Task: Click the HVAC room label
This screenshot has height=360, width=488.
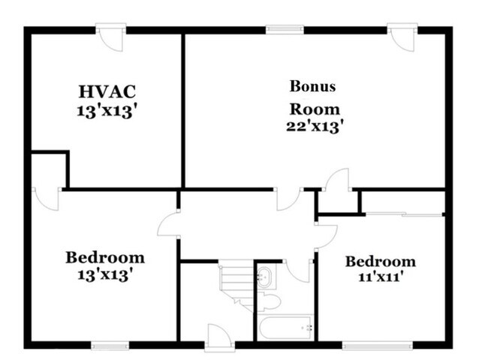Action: point(107,91)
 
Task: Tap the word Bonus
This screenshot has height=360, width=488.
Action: point(312,85)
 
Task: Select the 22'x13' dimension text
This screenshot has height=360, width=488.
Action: point(315,126)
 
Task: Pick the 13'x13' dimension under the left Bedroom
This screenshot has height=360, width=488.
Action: point(104,274)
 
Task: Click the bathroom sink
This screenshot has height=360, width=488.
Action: point(264,277)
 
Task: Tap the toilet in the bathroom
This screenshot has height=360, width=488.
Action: point(269,301)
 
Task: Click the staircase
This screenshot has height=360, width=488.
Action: point(236,285)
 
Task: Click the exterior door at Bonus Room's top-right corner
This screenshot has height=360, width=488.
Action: point(402,37)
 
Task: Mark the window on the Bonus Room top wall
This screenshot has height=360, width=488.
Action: point(285,30)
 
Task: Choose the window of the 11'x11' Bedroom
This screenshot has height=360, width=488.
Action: point(377,346)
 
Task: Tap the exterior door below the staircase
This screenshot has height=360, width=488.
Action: point(219,338)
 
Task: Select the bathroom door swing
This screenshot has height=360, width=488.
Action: point(297,270)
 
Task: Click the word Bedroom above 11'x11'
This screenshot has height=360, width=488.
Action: point(380,261)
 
